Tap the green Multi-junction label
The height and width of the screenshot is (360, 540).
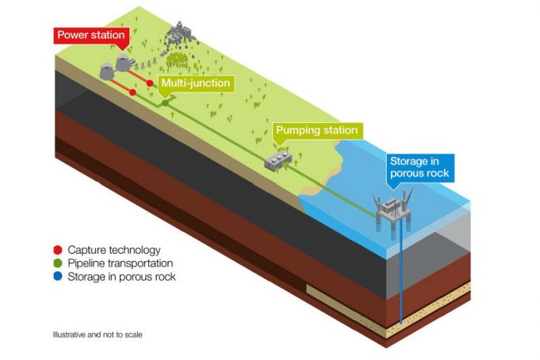coord(195,83)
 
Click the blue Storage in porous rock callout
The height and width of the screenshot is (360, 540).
coord(419,167)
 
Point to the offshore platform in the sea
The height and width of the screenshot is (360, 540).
coord(397,208)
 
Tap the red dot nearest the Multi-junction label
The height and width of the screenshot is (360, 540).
coord(150,83)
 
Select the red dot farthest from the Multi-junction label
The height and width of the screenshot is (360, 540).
coord(132,94)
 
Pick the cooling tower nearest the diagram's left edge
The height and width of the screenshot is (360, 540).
coord(107,71)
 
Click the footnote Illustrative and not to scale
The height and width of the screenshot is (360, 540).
coord(98,334)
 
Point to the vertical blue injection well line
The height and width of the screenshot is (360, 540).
coord(400,278)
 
